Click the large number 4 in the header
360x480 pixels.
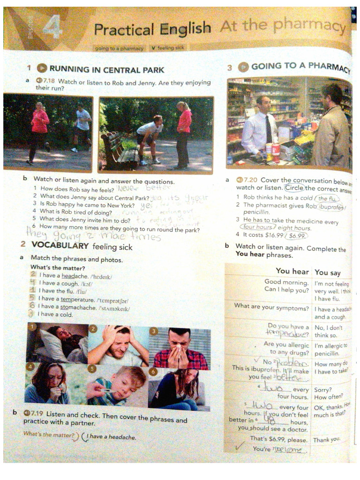pyautogui.click(x=53, y=28)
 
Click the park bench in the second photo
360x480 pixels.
pyautogui.click(x=119, y=150)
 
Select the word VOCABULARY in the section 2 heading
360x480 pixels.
pyautogui.click(x=60, y=245)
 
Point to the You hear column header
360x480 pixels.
pyautogui.click(x=292, y=271)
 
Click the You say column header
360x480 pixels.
pyautogui.click(x=327, y=272)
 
